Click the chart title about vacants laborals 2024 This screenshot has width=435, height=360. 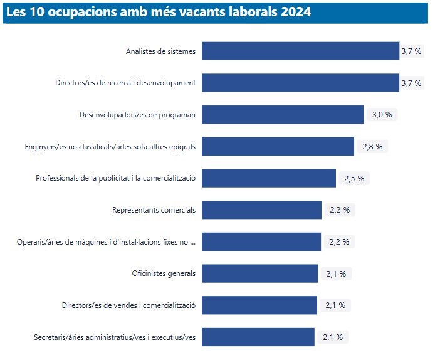(158, 12)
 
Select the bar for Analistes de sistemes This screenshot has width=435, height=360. (300, 51)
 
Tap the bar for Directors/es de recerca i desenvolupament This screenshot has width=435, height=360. (300, 83)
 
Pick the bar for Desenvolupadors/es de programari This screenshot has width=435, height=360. (283, 115)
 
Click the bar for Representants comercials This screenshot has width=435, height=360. (261, 210)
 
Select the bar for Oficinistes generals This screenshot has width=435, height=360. (259, 273)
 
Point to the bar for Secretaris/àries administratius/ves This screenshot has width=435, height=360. (258, 337)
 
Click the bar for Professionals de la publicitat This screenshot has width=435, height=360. (269, 178)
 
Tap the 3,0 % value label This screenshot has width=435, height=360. (382, 115)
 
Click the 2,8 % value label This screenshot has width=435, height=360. (372, 147)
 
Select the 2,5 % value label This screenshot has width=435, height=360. (354, 178)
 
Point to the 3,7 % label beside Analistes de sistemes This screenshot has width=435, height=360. (411, 51)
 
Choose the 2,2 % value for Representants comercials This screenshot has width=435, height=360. (340, 210)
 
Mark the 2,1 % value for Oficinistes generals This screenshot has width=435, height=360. (336, 273)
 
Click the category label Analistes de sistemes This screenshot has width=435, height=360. (160, 51)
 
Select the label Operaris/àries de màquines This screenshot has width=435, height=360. (106, 241)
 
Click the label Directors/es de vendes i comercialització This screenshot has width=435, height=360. (128, 305)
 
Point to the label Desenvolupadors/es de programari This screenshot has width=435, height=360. (137, 115)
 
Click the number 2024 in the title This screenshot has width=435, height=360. (296, 12)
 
